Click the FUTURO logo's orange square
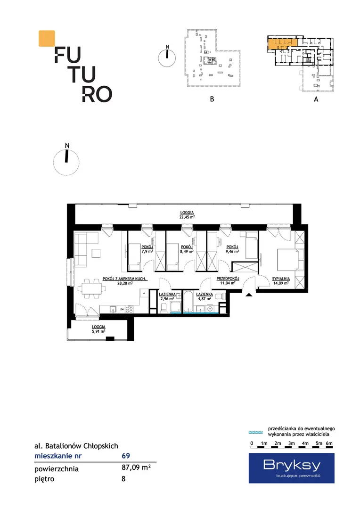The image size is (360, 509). click(x=47, y=38)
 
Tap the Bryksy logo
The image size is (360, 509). click(x=292, y=468)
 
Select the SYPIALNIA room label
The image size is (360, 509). click(x=281, y=279)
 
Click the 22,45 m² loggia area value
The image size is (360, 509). click(x=188, y=217)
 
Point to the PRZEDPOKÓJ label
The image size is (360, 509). click(x=228, y=279)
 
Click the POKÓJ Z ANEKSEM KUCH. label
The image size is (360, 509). click(x=125, y=279)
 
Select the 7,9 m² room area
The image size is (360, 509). click(x=147, y=251)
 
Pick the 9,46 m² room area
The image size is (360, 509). click(x=232, y=251)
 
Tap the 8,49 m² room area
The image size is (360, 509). click(x=187, y=251)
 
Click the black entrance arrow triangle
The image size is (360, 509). click(x=249, y=295)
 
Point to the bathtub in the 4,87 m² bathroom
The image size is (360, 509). click(x=188, y=302)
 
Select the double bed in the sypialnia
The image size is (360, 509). click(x=287, y=260)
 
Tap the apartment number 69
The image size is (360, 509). click(x=126, y=456)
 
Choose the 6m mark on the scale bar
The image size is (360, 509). click(x=329, y=443)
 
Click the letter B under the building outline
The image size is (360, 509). click(x=212, y=99)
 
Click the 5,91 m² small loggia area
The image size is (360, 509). click(x=98, y=331)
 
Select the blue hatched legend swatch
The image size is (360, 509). click(x=255, y=432)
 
